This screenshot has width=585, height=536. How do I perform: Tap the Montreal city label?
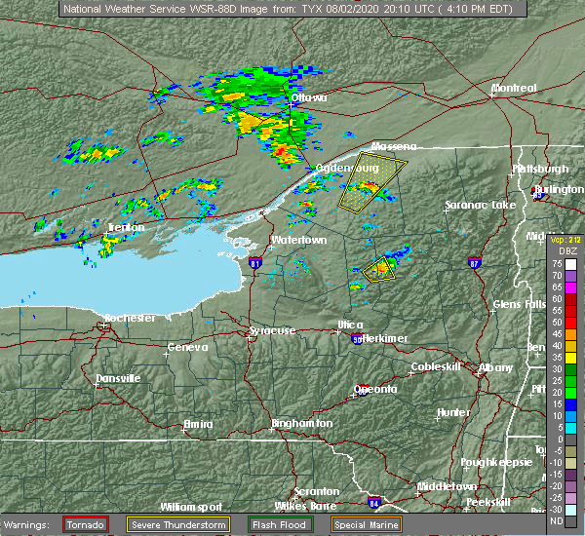514,89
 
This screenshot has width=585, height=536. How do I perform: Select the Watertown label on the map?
297,240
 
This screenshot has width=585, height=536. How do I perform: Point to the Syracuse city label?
271,331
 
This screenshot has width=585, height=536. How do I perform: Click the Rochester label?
129,319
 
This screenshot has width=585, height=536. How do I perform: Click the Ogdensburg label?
347,169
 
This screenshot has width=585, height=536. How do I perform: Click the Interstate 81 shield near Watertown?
254,263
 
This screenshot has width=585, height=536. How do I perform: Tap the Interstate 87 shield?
474,263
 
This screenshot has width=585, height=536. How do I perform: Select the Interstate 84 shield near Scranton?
375,503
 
